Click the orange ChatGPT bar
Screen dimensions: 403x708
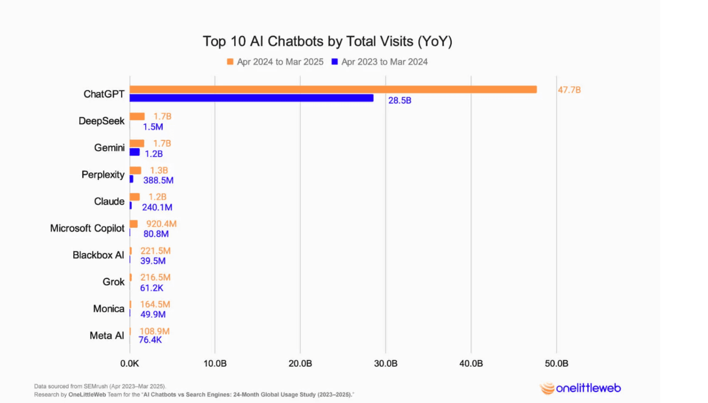point(333,89)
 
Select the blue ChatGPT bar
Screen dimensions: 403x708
point(252,98)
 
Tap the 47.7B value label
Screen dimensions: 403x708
point(569,90)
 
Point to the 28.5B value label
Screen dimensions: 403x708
point(400,101)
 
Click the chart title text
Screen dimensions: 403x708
point(328,41)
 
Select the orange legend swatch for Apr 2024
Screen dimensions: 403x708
point(230,61)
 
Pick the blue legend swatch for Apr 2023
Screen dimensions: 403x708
point(334,61)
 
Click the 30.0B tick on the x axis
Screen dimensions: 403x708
point(386,364)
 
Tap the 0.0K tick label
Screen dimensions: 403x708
point(129,364)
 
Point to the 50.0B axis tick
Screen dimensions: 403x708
point(556,364)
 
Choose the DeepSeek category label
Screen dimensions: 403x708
point(102,121)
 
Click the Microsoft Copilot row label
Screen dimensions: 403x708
point(87,228)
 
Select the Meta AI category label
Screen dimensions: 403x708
point(107,335)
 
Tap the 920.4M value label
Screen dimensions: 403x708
point(161,224)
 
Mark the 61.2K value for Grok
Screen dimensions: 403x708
point(152,287)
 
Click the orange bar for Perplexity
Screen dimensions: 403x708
point(135,170)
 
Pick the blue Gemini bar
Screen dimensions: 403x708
point(135,152)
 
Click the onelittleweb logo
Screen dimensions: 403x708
point(580,388)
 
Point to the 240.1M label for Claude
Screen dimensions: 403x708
point(157,207)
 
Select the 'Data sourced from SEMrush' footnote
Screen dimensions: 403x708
point(100,386)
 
